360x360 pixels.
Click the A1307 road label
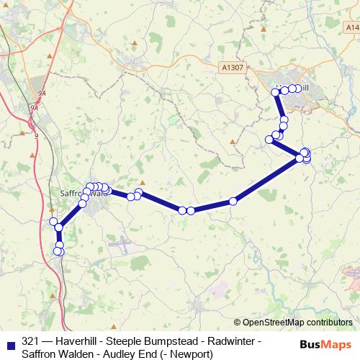[232, 66]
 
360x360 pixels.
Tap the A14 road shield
[351, 27]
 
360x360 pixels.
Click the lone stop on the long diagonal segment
[233, 202]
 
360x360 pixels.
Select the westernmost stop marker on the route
[53, 222]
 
